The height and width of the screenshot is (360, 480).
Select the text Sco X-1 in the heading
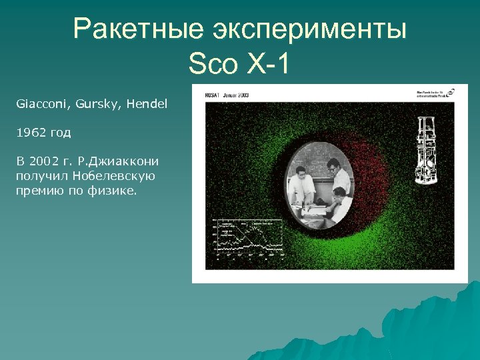pyautogui.click(x=239, y=65)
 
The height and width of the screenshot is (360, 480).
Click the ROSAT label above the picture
pyautogui.click(x=213, y=95)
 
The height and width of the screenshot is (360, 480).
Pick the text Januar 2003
pyautogui.click(x=236, y=95)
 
